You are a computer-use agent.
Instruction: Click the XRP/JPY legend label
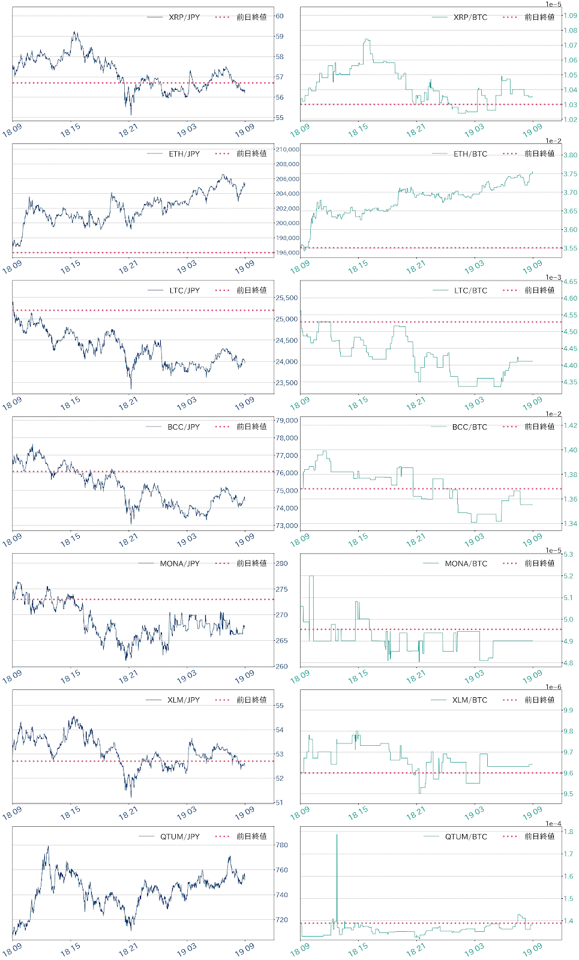pos(184,17)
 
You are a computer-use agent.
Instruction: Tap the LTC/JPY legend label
pos(184,290)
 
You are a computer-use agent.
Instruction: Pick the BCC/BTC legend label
pos(470,427)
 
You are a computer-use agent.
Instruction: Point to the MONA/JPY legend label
pos(179,564)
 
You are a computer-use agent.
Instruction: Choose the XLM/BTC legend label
pos(470,700)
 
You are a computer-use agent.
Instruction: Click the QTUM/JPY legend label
pos(179,836)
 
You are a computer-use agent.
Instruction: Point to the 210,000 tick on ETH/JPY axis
pos(287,149)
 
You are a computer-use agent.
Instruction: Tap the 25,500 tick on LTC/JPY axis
pos(286,298)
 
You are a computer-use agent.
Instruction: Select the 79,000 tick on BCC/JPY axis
pos(286,421)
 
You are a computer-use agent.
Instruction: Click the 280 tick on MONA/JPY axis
pos(281,563)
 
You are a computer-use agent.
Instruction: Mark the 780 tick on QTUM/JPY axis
pos(281,845)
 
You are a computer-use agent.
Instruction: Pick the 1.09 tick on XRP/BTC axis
pos(569,16)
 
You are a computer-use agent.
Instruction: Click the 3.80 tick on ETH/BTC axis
pos(569,155)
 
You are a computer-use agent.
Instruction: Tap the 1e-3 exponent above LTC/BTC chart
pos(553,277)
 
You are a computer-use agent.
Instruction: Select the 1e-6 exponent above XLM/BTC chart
pos(553,687)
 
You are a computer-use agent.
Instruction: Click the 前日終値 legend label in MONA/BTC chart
pos(539,563)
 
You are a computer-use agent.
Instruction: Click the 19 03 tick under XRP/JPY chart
pos(186,131)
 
